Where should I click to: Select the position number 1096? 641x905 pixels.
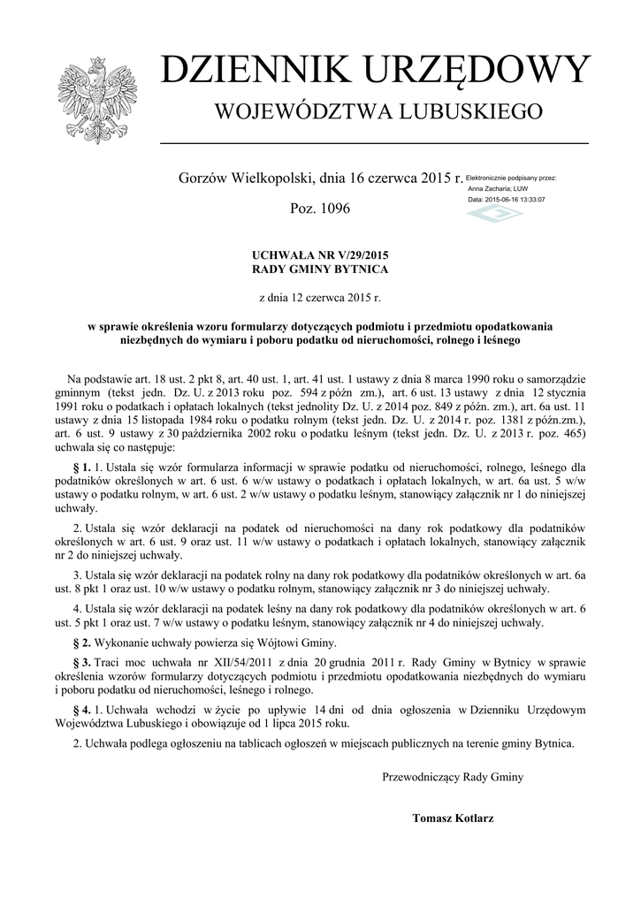pos(332,209)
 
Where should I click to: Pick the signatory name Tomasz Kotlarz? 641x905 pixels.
pos(453,818)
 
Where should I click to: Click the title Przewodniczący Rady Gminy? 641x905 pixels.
pos(453,777)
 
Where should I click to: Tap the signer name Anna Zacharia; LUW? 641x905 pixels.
pos(498,188)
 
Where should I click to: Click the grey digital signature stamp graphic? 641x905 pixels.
pos(494,215)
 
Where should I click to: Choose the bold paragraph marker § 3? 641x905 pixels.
pos(81,662)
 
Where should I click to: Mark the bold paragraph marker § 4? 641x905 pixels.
pos(81,710)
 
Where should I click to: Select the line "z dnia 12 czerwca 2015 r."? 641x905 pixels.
pos(320,299)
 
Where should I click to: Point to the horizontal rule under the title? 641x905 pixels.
pos(374,142)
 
